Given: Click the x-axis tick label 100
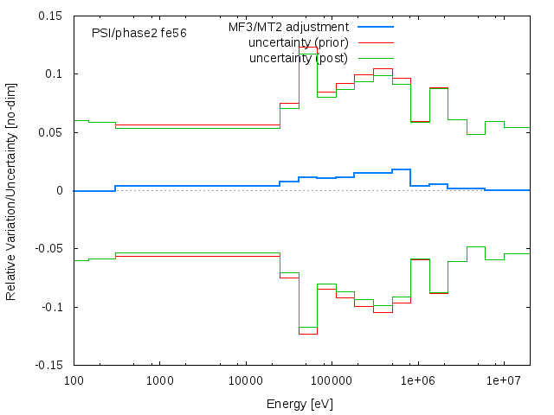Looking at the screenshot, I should [74, 380].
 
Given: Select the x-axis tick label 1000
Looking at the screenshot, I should [159, 380].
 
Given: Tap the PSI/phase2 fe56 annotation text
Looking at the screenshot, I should [138, 33].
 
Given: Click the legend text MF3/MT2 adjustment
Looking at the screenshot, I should [288, 27].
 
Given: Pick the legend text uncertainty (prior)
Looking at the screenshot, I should [298, 42].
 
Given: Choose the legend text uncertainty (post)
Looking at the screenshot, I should [298, 58].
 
